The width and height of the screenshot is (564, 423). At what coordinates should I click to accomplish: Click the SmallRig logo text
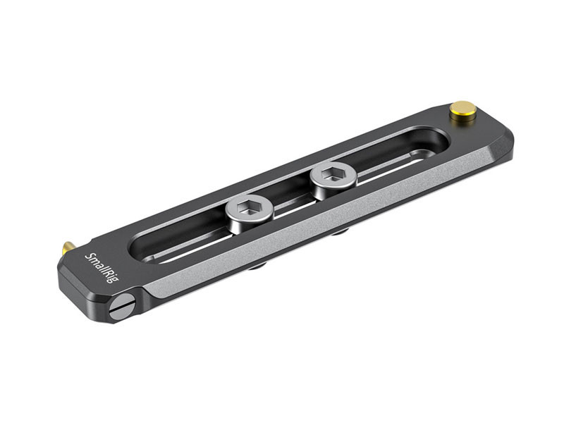(x=102, y=268)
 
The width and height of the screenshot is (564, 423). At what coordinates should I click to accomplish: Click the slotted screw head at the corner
(x=121, y=306)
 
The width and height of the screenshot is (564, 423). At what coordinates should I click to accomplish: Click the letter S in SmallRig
(x=88, y=256)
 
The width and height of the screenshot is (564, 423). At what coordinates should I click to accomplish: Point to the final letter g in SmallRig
(x=115, y=279)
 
